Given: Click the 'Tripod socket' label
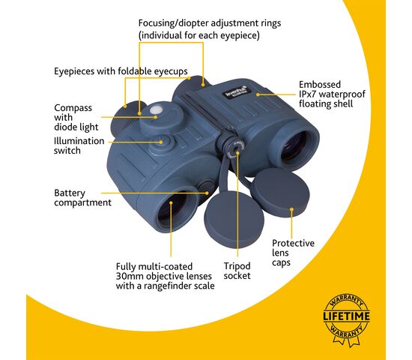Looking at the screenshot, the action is pyautogui.click(x=237, y=271).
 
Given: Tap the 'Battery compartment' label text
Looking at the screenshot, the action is pyautogui.click(x=82, y=198).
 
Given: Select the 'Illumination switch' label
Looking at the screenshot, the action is pyautogui.click(x=79, y=145).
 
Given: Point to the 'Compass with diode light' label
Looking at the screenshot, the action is pyautogui.click(x=76, y=117).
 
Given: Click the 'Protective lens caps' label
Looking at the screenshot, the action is pyautogui.click(x=293, y=253).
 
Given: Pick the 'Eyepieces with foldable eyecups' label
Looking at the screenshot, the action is pyautogui.click(x=121, y=71).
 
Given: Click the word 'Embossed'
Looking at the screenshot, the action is pyautogui.click(x=320, y=85).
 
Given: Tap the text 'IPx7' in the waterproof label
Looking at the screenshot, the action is pyautogui.click(x=307, y=94).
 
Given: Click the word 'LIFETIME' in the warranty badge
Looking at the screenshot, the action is pyautogui.click(x=346, y=316).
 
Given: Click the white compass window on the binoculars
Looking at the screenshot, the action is pyautogui.click(x=155, y=109).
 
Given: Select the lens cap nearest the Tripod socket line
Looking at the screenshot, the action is pyautogui.click(x=234, y=220).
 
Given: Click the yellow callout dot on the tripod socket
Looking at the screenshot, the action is pyautogui.click(x=237, y=153).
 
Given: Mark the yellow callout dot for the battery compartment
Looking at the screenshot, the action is pyautogui.click(x=207, y=193).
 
